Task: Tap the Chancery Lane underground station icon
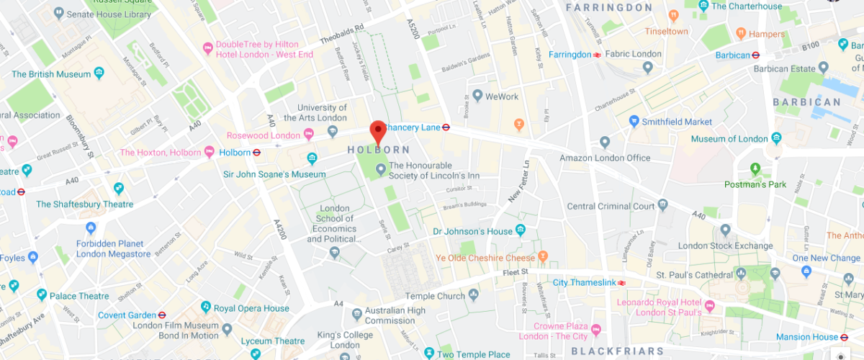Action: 446,127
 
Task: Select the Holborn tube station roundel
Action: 256,153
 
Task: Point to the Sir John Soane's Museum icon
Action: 312,158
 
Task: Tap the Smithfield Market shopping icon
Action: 634,121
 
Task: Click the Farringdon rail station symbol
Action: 597,55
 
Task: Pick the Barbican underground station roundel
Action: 756,55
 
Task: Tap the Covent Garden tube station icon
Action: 162,315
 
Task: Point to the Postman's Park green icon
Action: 755,169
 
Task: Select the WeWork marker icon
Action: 477,96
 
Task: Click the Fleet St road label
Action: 516,271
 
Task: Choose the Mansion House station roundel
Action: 844,337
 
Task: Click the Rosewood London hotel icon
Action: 309,134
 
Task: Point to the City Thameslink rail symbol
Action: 619,282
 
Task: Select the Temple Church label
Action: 435,296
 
